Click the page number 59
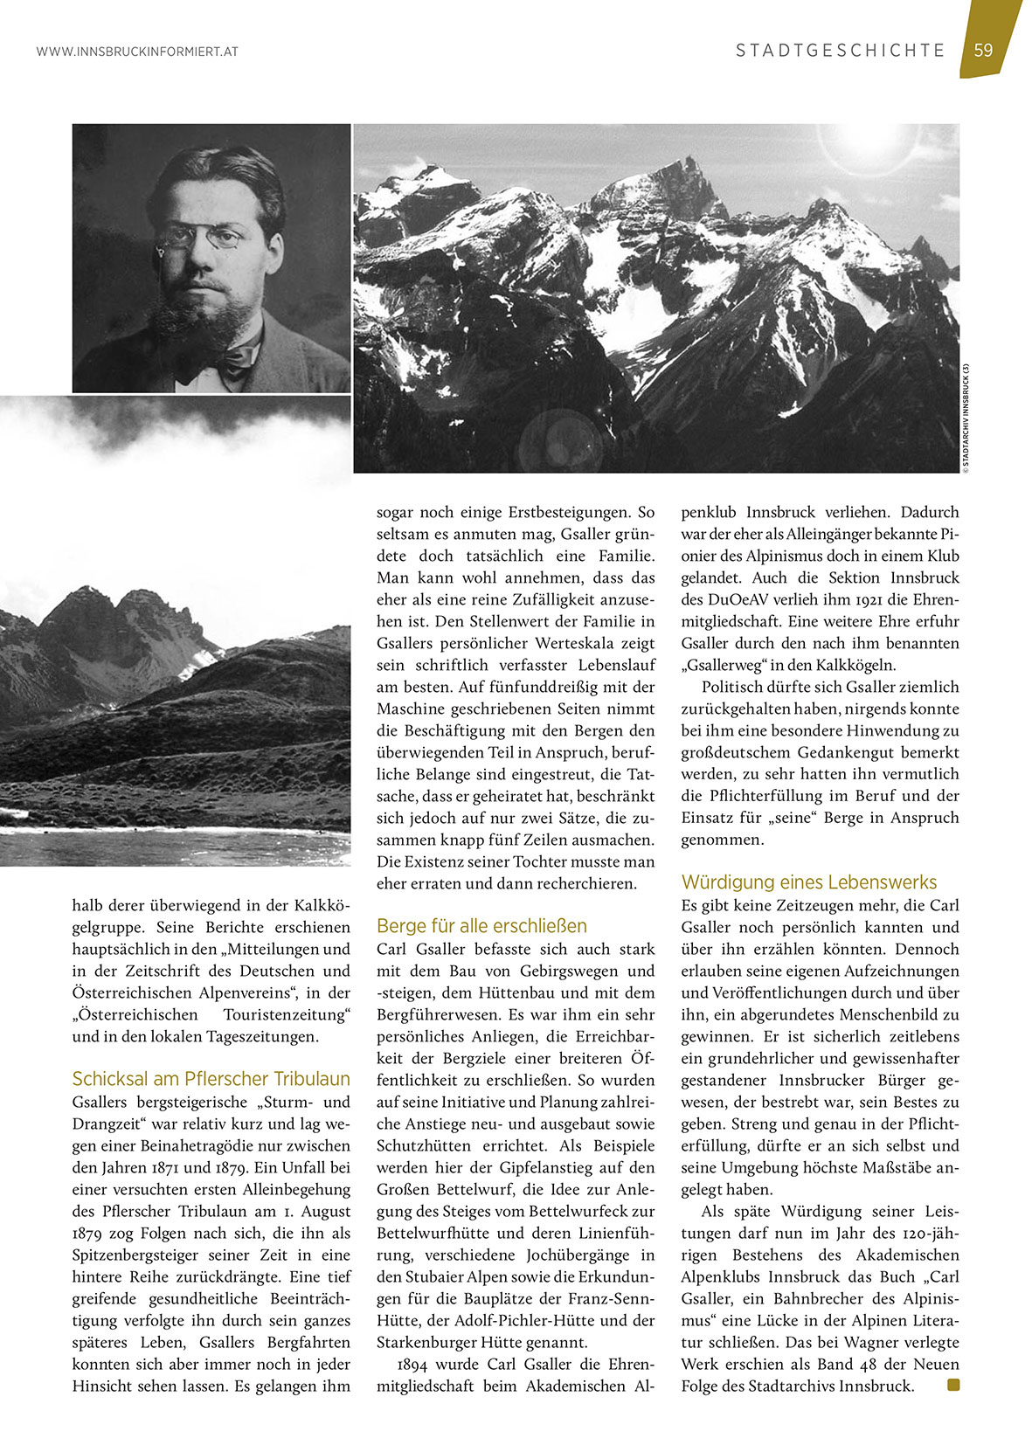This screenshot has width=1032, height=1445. click(x=984, y=50)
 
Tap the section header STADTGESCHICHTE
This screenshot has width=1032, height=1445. click(x=840, y=51)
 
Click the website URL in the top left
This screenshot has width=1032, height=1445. click(x=137, y=52)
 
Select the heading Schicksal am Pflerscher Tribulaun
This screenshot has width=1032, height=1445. click(x=211, y=1078)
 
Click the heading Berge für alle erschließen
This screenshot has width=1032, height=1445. click(x=481, y=925)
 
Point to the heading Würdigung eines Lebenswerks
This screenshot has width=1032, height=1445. click(x=808, y=882)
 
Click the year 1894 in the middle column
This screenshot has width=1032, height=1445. click(x=412, y=1364)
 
